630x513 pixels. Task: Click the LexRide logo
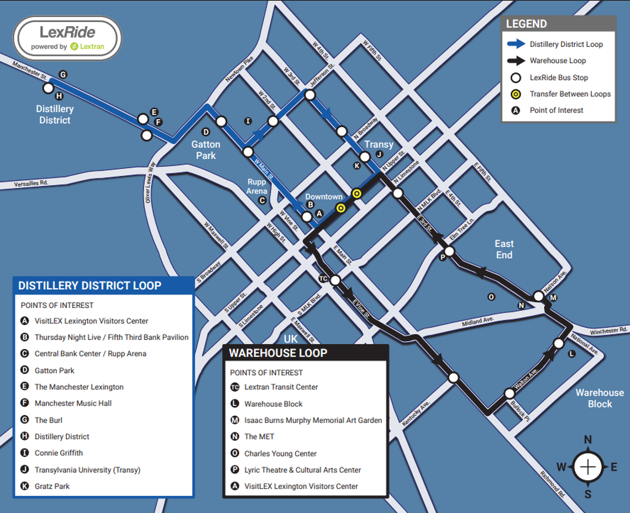coord(67,38)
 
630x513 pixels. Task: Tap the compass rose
coord(587,467)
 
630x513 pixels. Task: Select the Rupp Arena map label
coord(257,186)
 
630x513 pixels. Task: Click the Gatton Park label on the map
coord(206,150)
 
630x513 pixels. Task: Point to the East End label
coord(503,249)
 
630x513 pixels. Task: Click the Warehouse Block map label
coord(599,398)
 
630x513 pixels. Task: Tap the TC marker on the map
coord(323,279)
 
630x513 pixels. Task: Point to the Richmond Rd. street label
coord(553,484)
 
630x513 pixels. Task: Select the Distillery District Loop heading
coord(90,286)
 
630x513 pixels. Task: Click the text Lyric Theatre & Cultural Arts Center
coord(302,470)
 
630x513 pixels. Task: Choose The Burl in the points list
coord(49,420)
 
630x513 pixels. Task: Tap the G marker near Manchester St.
coord(62,75)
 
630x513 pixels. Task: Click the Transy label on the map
coord(379,144)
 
